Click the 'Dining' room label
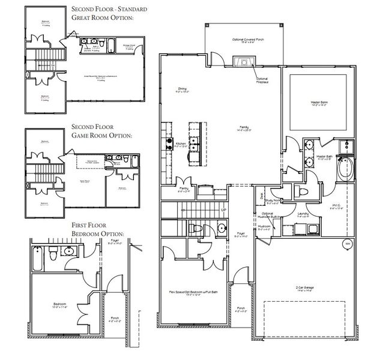click(x=182, y=89)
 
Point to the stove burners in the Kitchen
click(x=169, y=143)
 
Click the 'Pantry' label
click(x=184, y=190)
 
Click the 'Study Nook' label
click(x=273, y=202)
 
